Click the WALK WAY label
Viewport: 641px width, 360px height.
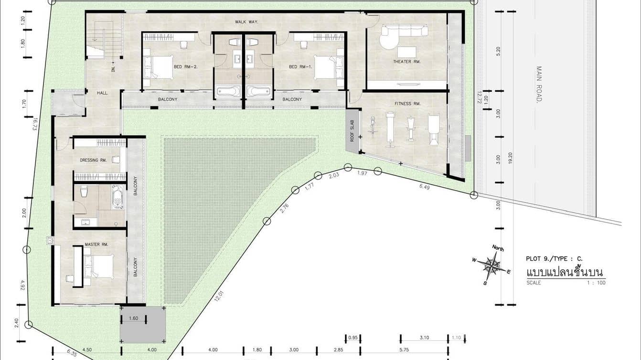click(x=246, y=22)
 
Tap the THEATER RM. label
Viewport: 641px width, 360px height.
click(x=406, y=62)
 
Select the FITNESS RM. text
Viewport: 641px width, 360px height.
click(x=407, y=104)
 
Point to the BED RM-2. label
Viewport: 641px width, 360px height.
click(x=186, y=67)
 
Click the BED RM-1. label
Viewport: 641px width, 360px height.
click(x=300, y=67)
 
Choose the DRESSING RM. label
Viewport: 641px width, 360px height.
click(x=93, y=160)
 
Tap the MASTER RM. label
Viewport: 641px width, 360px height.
click(x=96, y=244)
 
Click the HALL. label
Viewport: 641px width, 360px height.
click(x=102, y=93)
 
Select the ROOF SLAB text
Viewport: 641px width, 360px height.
click(x=352, y=131)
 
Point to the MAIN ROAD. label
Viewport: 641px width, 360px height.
click(x=539, y=84)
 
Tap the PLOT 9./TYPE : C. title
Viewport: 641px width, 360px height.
click(x=554, y=259)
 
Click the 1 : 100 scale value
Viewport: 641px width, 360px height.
click(x=597, y=283)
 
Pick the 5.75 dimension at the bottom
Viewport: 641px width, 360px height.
click(x=404, y=349)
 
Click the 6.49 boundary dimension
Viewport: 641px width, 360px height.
click(x=424, y=187)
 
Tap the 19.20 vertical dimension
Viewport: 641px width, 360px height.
click(x=510, y=158)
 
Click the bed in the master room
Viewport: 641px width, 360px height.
click(x=99, y=267)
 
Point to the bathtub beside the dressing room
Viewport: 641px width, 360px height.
click(x=118, y=197)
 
